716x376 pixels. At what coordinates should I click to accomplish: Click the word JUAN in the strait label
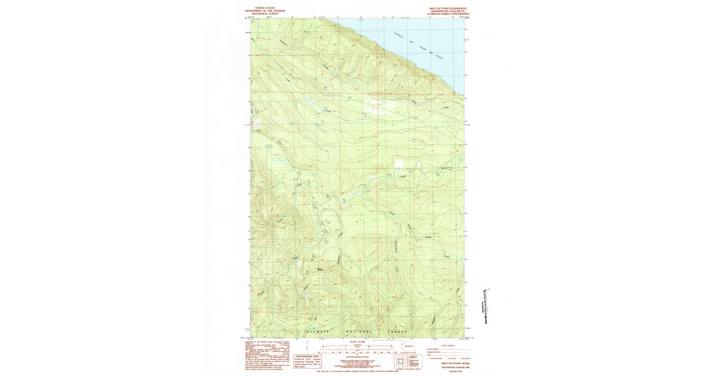click(x=424, y=48)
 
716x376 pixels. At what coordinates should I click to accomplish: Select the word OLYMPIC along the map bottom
click(x=316, y=331)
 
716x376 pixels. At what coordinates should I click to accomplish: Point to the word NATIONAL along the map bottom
click(x=358, y=331)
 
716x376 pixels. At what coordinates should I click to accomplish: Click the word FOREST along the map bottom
click(x=399, y=331)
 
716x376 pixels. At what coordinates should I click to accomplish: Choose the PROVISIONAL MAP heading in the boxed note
click(x=308, y=356)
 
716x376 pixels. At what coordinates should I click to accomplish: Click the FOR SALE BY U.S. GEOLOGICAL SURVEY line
click(x=357, y=371)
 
